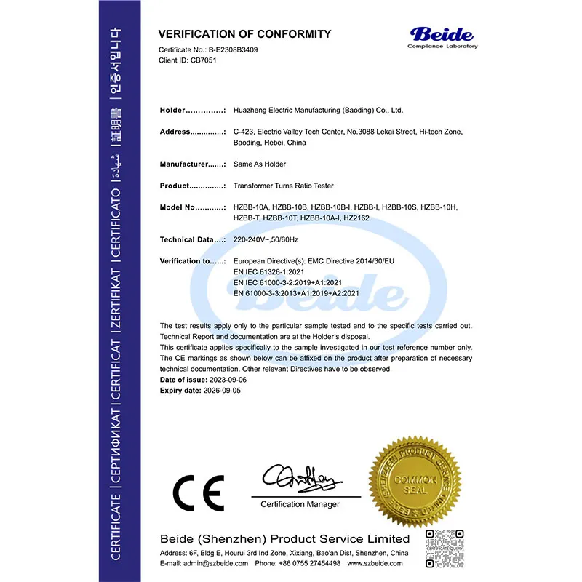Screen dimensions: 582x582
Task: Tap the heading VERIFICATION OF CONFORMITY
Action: click(244, 34)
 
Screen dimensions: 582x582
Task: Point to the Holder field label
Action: click(173, 111)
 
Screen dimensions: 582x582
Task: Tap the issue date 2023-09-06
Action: click(229, 380)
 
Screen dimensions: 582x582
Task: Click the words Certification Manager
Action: click(300, 504)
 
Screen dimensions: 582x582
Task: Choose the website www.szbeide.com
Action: click(378, 564)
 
